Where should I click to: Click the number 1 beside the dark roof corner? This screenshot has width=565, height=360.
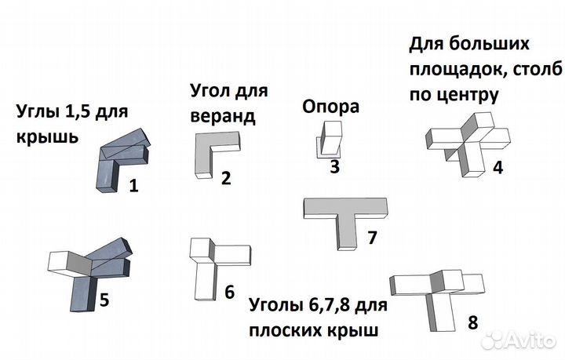[133, 186]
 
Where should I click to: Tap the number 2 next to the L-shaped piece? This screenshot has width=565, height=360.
[226, 178]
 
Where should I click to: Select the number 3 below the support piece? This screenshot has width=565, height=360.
[335, 167]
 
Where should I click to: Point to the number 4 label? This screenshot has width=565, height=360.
[498, 167]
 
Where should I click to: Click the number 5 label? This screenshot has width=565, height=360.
[104, 300]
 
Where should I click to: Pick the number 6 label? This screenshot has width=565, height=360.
[229, 292]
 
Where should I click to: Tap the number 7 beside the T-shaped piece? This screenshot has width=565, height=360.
[372, 237]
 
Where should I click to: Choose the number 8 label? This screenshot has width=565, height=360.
[472, 322]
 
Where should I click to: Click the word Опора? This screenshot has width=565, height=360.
[331, 107]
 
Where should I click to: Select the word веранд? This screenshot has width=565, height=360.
[223, 117]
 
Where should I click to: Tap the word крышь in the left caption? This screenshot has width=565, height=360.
[47, 136]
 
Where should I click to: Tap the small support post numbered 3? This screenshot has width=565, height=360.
[330, 140]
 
